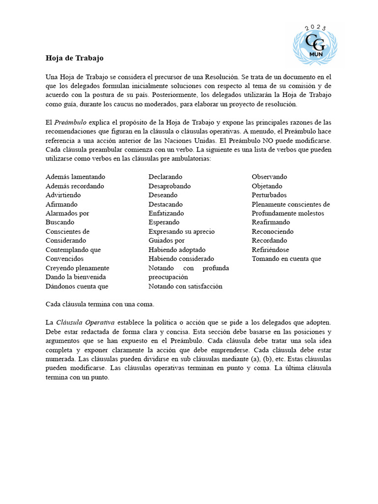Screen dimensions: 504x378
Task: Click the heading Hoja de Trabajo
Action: (74, 58)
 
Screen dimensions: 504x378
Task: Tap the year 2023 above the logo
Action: (315, 28)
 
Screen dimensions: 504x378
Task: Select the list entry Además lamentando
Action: (75, 177)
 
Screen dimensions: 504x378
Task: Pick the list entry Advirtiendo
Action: (63, 195)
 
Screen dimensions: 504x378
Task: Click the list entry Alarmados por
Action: (67, 213)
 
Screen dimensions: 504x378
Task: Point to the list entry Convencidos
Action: (64, 259)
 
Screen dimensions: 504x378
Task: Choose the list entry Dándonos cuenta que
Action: (77, 286)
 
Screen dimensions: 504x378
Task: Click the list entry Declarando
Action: (165, 177)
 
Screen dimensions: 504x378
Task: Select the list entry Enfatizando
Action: (166, 213)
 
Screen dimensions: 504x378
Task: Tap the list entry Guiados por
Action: (166, 241)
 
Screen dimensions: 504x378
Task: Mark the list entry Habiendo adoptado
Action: (177, 250)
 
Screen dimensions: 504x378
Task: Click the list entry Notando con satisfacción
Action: (186, 286)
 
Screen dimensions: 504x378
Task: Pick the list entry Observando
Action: (269, 177)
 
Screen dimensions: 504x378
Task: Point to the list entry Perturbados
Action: (269, 195)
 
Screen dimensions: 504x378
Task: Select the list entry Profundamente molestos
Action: (288, 213)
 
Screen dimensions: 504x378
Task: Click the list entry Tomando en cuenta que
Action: (286, 259)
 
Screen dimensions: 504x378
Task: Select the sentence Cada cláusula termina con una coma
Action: (100, 304)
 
